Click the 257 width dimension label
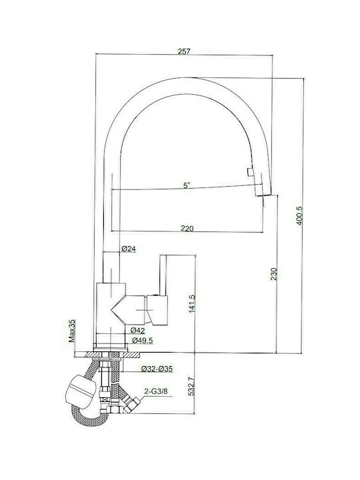[184, 51]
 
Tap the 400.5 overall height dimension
[299, 215]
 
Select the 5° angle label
[187, 185]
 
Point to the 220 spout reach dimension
[187, 228]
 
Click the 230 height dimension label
[274, 274]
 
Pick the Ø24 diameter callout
[129, 249]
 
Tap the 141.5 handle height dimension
[192, 304]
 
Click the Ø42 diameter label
[137, 330]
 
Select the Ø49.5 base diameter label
[143, 340]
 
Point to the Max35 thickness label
[72, 331]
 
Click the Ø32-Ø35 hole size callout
[157, 369]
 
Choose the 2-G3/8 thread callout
[155, 391]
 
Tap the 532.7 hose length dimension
[191, 386]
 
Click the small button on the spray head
[250, 172]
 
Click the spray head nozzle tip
[263, 195]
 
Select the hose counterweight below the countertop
[81, 392]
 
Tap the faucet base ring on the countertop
[110, 349]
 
